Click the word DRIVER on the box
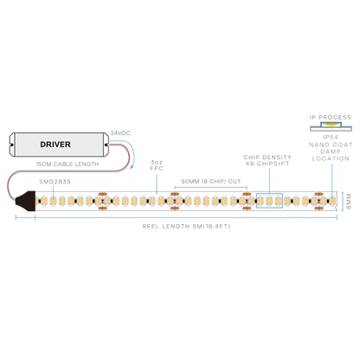tap(55, 145)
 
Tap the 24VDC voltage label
tap(120, 133)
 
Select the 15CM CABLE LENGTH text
tap(67, 164)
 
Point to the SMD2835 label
tap(55, 182)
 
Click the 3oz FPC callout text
tap(157, 165)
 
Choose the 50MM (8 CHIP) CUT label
tap(211, 182)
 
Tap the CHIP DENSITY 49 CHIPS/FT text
tap(267, 160)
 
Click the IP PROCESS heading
tap(331, 118)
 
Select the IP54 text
tap(331, 138)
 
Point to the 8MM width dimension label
tap(349, 202)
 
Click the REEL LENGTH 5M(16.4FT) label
tap(186, 227)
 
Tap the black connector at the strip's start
tap(26, 201)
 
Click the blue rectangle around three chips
tap(269, 194)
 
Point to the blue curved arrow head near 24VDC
tap(132, 167)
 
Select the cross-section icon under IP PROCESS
tap(331, 126)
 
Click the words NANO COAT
tap(331, 145)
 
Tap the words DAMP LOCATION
tap(331, 155)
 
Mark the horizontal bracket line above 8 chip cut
tap(211, 187)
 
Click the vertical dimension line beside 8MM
tap(343, 201)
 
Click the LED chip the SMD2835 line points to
tap(53, 201)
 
